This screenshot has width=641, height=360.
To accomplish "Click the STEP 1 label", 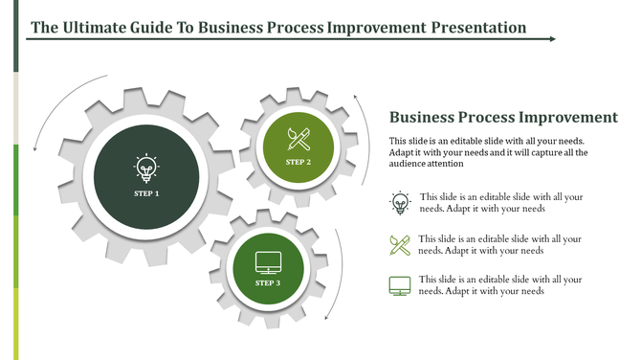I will pyautogui.click(x=146, y=193).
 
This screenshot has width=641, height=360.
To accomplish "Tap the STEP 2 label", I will pyautogui.click(x=298, y=162).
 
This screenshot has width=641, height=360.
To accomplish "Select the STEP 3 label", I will pyautogui.click(x=268, y=283).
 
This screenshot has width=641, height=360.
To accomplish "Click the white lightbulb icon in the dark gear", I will pyautogui.click(x=146, y=169).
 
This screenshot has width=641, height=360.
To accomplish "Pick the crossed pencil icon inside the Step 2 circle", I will pyautogui.click(x=298, y=139).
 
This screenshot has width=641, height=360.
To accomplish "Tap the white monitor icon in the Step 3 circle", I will pyautogui.click(x=268, y=260).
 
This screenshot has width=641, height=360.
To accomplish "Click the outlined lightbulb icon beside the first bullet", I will pyautogui.click(x=400, y=202).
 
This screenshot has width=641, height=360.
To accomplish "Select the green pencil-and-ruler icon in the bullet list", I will pyautogui.click(x=400, y=244).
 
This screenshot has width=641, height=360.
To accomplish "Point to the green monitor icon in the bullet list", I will pyautogui.click(x=400, y=285).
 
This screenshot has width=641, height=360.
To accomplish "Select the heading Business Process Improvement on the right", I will pyautogui.click(x=503, y=118).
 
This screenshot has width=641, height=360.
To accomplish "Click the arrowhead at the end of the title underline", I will pyautogui.click(x=553, y=39).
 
